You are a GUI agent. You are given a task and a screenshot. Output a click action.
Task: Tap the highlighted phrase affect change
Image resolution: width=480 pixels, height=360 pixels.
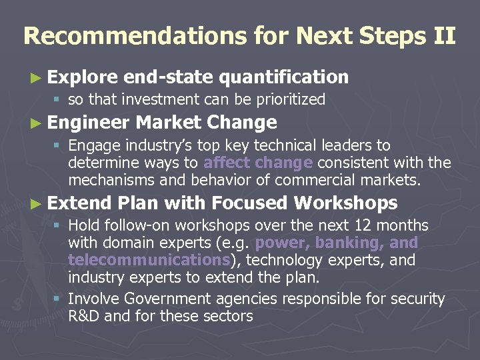[258, 163]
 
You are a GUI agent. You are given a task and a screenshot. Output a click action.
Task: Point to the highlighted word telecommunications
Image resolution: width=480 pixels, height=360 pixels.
[147, 260]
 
